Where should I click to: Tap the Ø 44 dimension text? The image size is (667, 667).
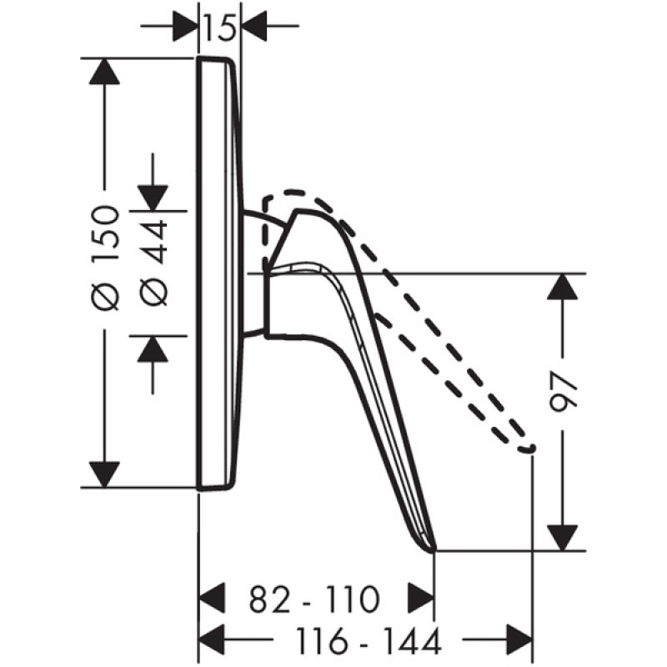pos(154,263)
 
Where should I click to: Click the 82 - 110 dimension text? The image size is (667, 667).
pos(313,599)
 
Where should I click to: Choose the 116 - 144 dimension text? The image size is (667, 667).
pos(369,641)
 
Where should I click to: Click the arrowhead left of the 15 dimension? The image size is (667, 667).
pos(185,26)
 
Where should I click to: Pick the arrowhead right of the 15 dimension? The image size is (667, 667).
pos(254,26)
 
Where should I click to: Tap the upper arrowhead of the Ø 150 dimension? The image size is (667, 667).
pos(104,71)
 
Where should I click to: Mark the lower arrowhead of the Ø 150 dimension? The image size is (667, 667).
pos(104,474)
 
